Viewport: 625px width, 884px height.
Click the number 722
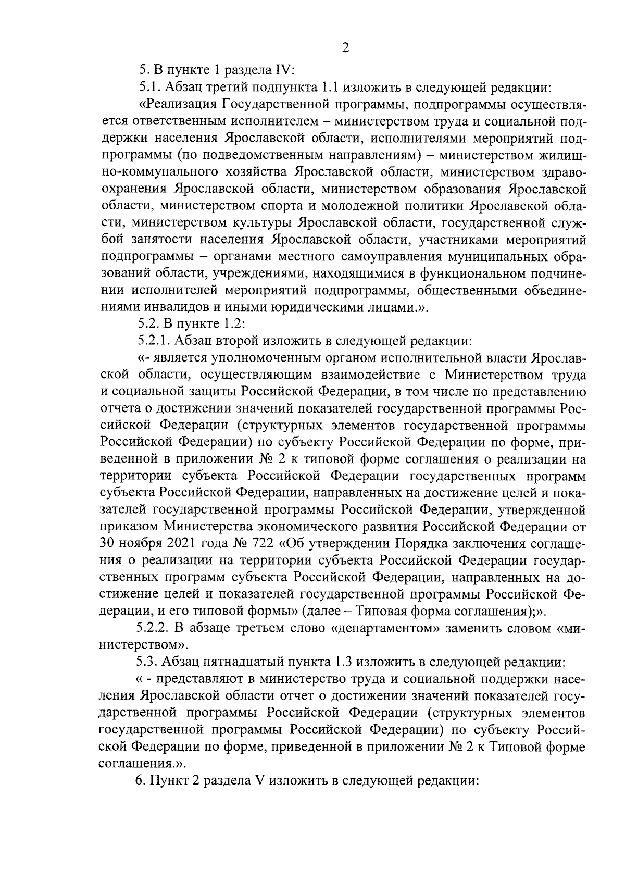tap(264, 544)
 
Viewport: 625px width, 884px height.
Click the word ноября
tap(140, 544)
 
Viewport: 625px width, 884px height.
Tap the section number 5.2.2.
tap(154, 628)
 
